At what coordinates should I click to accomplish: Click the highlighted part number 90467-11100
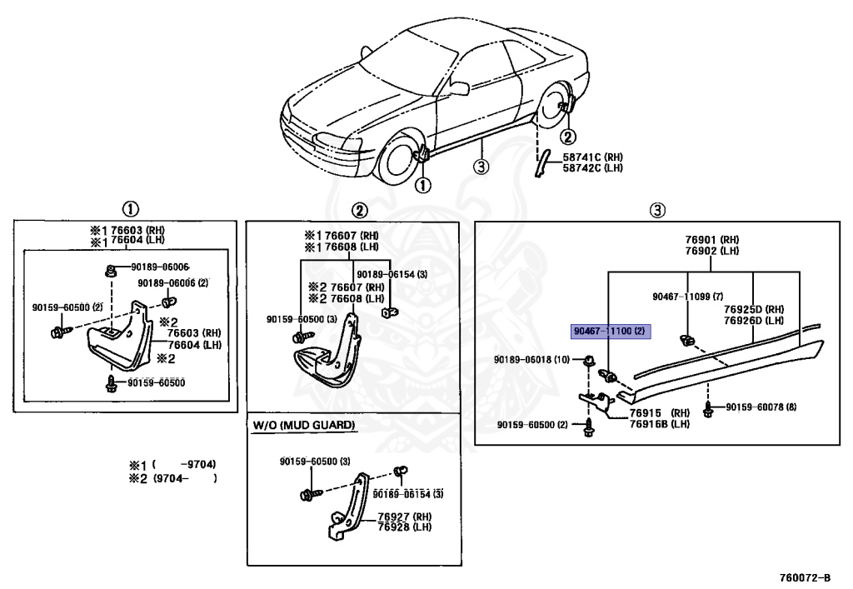tap(609, 332)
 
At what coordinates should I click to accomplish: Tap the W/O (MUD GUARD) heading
tap(304, 426)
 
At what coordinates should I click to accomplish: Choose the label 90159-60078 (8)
tap(761, 407)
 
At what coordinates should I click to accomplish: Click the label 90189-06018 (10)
tap(531, 359)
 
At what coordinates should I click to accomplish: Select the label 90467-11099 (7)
tap(687, 296)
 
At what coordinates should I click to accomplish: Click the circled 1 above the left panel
tap(131, 209)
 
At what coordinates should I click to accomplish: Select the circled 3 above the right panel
tap(657, 209)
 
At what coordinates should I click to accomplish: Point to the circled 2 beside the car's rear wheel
tap(567, 137)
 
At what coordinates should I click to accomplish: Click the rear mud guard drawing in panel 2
tap(327, 358)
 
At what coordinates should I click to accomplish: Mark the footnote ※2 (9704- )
tap(172, 478)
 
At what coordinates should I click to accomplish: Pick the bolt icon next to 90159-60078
tap(708, 408)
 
